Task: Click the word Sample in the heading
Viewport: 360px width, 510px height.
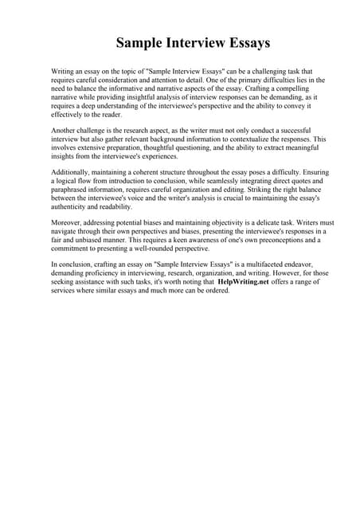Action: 141,41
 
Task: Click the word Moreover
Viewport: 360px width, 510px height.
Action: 68,224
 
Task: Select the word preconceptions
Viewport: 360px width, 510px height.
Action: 263,241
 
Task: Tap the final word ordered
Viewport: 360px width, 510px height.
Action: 217,291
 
